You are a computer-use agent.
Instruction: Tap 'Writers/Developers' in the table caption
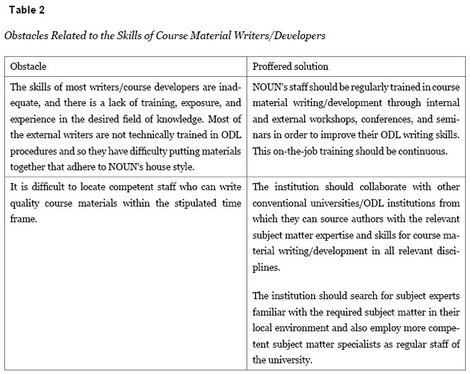click(x=282, y=35)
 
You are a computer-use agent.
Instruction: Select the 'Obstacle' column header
click(x=28, y=66)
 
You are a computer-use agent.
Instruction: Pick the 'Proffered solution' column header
click(x=291, y=66)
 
